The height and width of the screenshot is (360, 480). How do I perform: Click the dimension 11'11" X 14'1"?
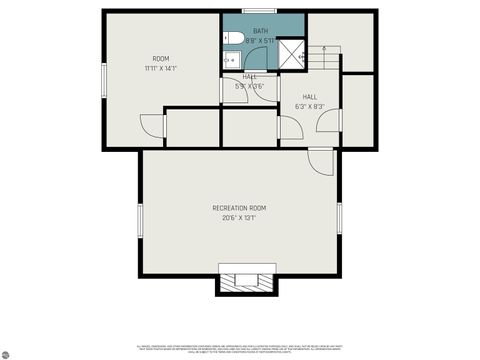(x=161, y=69)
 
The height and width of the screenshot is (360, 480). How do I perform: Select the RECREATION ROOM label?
(x=239, y=207)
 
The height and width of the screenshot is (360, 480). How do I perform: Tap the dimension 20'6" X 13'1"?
(x=239, y=217)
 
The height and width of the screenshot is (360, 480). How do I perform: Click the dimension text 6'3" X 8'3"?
(x=310, y=106)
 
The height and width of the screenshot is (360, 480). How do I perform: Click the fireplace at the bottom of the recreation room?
(x=243, y=281)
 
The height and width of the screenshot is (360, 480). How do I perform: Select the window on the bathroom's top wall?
(x=258, y=12)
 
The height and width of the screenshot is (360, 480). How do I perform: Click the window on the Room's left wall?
(x=104, y=80)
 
